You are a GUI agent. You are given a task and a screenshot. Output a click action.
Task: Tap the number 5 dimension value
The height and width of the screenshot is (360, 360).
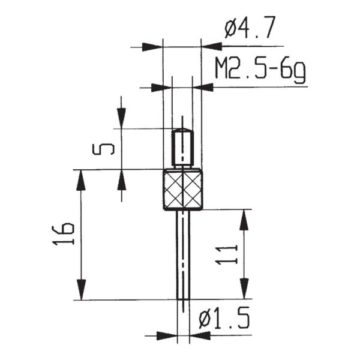103,148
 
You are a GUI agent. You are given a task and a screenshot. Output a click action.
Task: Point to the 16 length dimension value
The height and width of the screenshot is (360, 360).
67,234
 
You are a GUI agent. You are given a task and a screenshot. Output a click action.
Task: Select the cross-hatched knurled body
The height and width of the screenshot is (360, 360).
182,190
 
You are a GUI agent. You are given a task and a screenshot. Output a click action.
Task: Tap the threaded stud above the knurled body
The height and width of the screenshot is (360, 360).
182,148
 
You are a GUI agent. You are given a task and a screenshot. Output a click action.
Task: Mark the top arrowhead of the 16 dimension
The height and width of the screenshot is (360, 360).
80,179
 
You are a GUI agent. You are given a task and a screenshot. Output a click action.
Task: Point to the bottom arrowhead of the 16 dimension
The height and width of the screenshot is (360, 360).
80,290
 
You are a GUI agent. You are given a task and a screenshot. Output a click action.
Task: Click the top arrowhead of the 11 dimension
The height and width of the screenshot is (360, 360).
244,219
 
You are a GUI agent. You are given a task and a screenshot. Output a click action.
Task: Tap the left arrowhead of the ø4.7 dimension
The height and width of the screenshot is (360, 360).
154,46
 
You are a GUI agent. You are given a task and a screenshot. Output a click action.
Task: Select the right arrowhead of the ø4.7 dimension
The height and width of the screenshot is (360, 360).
211,46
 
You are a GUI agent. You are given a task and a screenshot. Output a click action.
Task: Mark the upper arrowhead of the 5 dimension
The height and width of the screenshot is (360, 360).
122,119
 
